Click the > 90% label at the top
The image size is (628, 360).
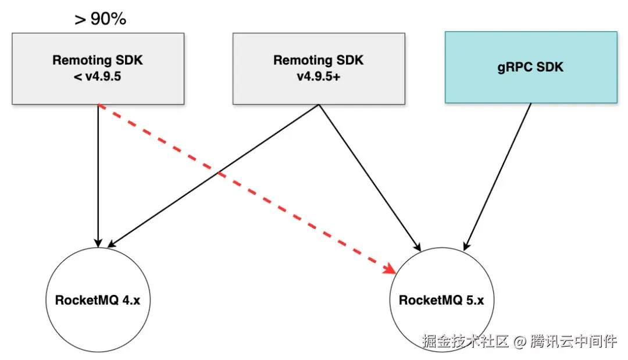click(x=100, y=19)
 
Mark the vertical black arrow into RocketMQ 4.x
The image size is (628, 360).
click(x=98, y=174)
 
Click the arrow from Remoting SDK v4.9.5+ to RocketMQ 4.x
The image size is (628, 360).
click(x=215, y=174)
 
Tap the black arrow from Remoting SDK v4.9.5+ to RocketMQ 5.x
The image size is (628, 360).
click(x=369, y=174)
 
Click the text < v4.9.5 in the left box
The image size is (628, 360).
click(x=98, y=76)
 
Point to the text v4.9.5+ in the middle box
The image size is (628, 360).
click(x=319, y=76)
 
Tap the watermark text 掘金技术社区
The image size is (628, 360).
click(x=465, y=341)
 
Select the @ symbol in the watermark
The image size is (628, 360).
click(x=520, y=341)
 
